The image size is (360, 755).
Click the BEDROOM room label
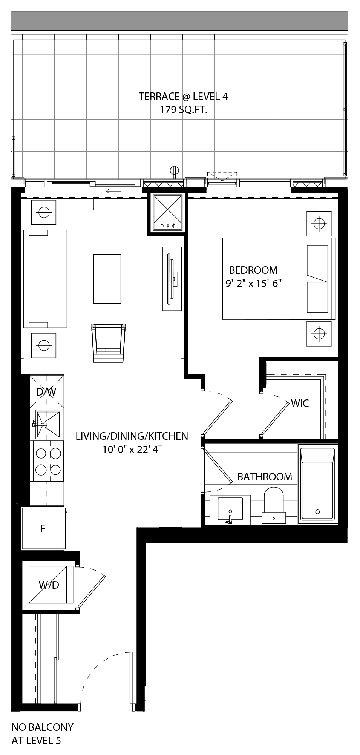(253, 270)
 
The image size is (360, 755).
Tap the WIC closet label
(300, 403)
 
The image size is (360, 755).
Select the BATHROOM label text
(265, 477)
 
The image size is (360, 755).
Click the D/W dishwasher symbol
(47, 391)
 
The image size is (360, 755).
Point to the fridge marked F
(44, 528)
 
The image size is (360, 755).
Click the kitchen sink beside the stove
(47, 425)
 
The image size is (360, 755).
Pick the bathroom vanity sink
(230, 509)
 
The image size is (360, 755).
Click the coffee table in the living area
(107, 279)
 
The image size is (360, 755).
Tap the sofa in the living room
(45, 279)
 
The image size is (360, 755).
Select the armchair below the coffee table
(108, 342)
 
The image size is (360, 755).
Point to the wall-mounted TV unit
(172, 279)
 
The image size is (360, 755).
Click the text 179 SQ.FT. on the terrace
(184, 110)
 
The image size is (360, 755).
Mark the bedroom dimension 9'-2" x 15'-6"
(254, 284)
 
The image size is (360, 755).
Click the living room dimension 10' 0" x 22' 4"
(132, 450)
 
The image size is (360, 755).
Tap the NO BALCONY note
(42, 727)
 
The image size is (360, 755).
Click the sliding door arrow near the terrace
(113, 191)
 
